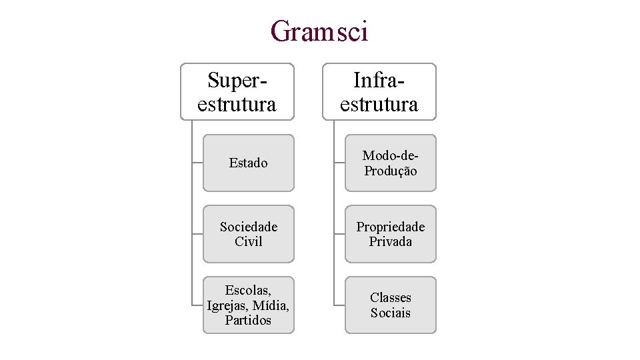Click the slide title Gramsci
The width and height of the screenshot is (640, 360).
click(319, 31)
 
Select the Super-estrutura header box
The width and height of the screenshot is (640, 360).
click(237, 92)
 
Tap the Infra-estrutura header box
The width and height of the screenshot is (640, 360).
click(379, 92)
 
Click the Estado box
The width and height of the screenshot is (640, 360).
click(248, 163)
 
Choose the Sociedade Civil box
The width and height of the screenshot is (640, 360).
click(248, 234)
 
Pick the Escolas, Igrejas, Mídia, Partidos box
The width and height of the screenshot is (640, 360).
click(248, 305)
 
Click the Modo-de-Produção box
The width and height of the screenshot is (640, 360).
click(390, 163)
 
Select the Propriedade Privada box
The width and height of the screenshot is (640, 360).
click(390, 234)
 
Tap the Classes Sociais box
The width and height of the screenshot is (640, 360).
click(390, 305)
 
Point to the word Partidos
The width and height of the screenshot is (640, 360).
click(248, 321)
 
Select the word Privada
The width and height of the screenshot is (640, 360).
click(390, 241)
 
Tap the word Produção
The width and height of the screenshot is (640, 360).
click(390, 171)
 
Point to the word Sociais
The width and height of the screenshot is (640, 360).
click(390, 313)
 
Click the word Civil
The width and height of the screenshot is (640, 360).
click(248, 241)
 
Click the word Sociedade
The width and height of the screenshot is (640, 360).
click(248, 227)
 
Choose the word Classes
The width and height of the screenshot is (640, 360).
click(390, 297)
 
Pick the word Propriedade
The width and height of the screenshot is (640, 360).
click(390, 227)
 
